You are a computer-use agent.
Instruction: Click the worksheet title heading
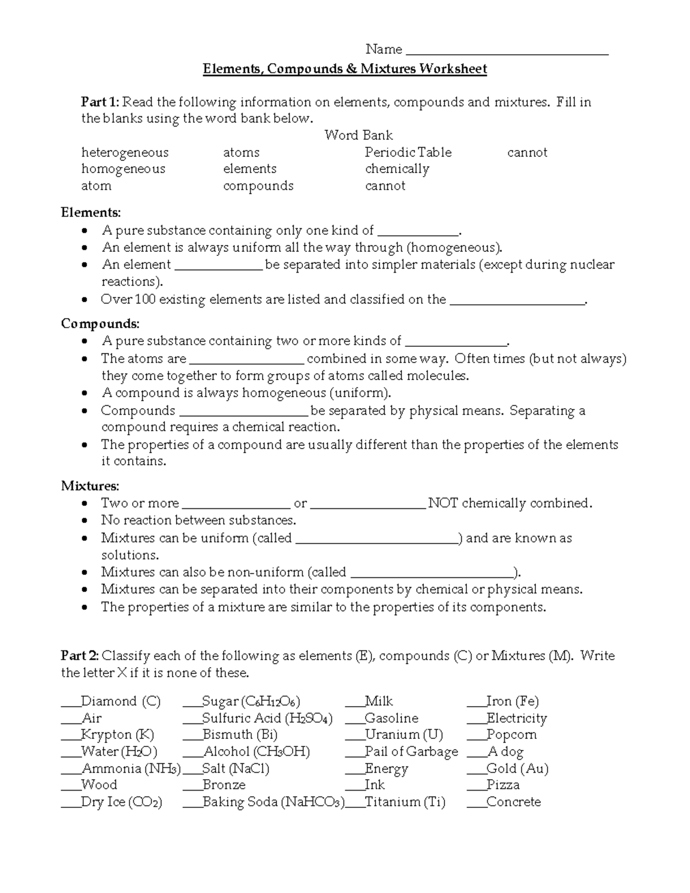(x=344, y=70)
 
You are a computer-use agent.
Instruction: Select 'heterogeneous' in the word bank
(x=125, y=152)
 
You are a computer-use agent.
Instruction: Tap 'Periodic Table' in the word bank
(x=408, y=152)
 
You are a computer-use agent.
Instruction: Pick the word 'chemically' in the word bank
(x=397, y=169)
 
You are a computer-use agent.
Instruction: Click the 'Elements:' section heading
(x=91, y=213)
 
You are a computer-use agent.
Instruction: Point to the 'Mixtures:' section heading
(x=90, y=486)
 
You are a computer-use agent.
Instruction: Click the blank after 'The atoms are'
(x=246, y=361)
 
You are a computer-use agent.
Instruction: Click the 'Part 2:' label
(x=80, y=656)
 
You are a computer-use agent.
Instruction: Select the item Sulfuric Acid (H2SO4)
(x=267, y=718)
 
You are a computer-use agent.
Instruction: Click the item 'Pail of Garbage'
(x=411, y=752)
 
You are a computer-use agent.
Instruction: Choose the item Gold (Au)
(x=517, y=768)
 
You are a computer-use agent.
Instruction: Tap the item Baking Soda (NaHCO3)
(x=273, y=802)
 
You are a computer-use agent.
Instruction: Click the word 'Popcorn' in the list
(x=511, y=735)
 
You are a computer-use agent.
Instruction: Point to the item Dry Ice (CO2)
(x=121, y=802)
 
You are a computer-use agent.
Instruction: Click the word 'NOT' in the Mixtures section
(x=443, y=503)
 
